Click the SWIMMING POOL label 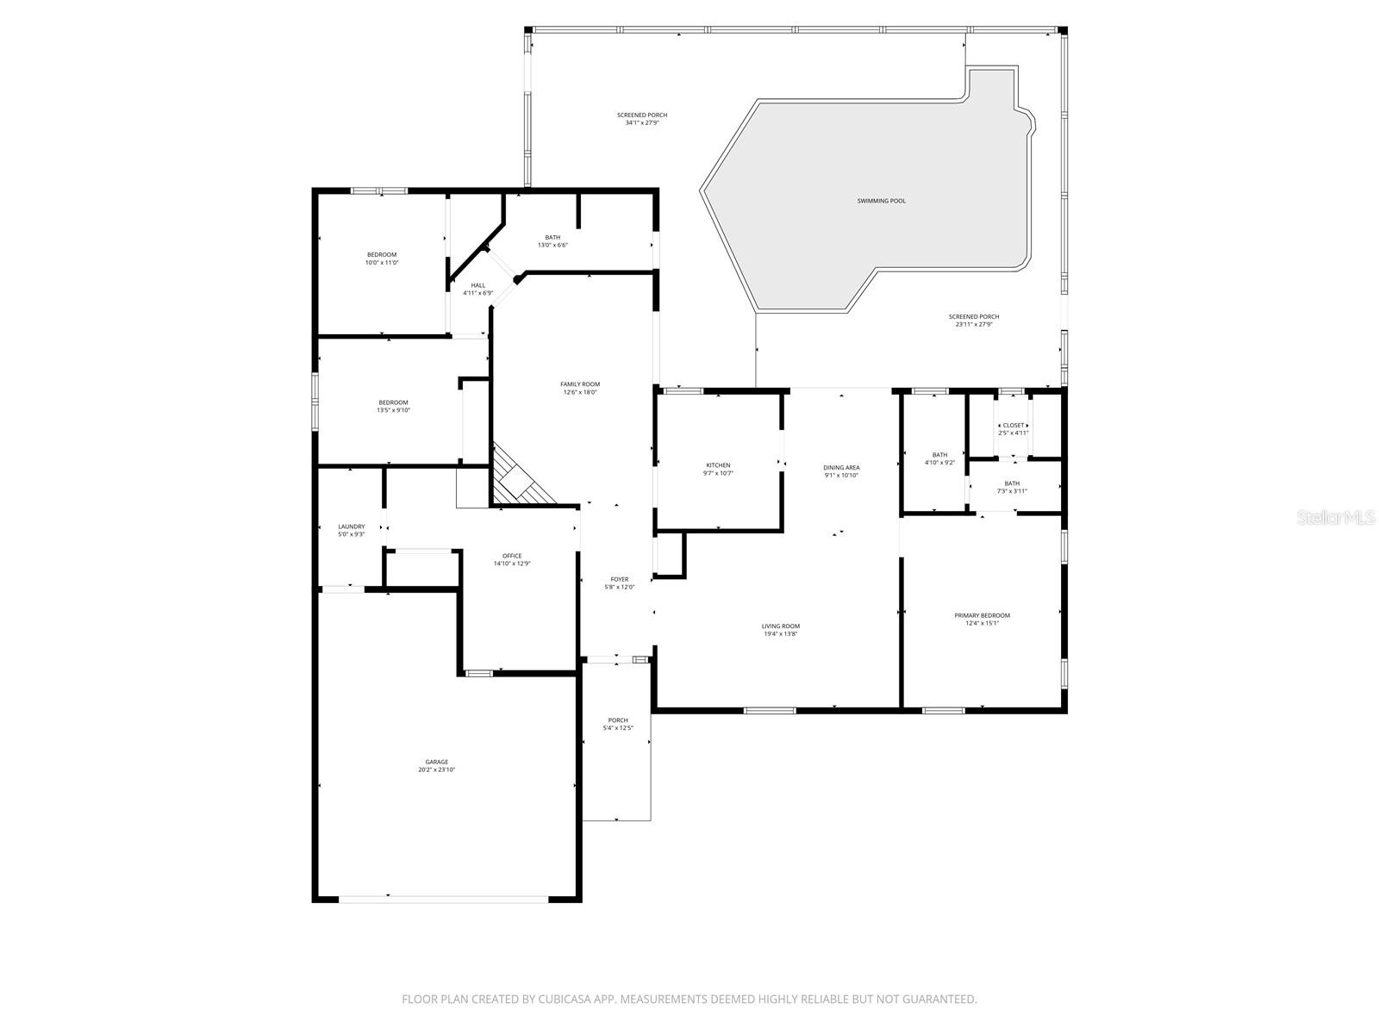881,201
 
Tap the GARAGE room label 436,762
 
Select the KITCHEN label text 718,465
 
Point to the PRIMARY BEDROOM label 982,615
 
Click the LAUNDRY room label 351,526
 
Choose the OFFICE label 512,556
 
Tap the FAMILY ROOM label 580,384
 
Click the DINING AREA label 841,468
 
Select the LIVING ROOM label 781,626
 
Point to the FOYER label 619,579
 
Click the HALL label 477,285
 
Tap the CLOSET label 1014,425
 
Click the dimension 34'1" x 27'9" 642,123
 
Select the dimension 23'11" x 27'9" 974,325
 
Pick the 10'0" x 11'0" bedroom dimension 382,262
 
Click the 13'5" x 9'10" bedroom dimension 393,410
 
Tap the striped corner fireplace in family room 519,478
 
